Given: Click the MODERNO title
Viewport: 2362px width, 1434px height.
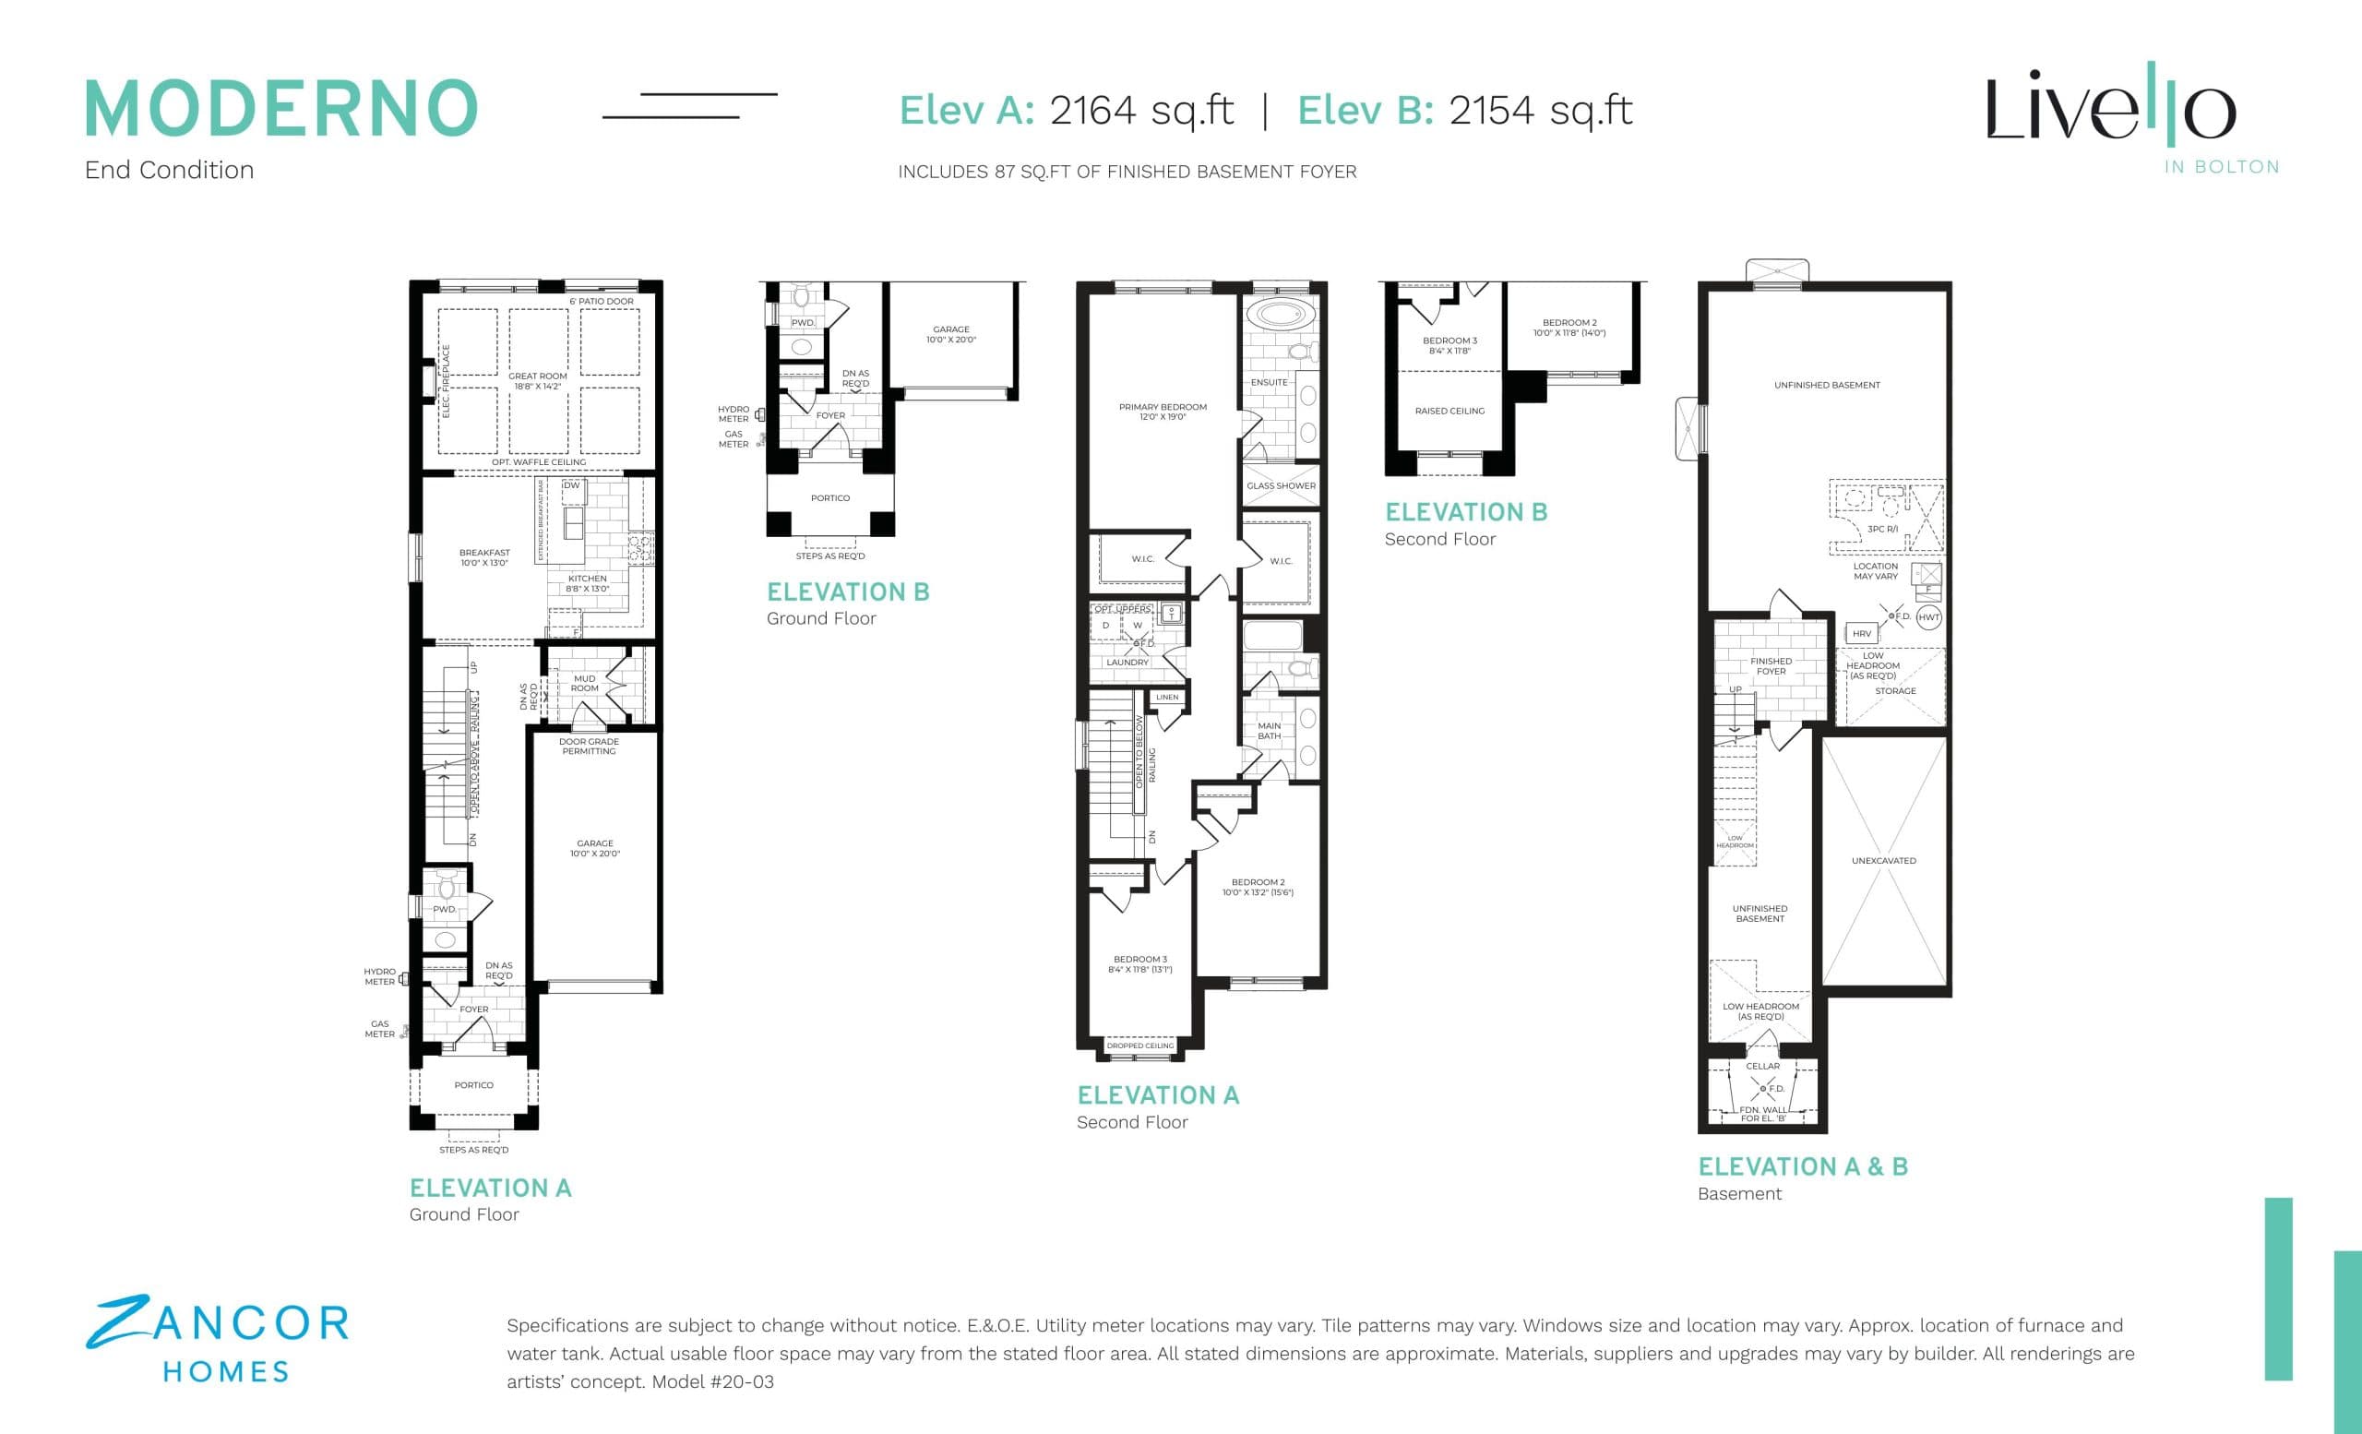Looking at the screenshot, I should click(x=280, y=107).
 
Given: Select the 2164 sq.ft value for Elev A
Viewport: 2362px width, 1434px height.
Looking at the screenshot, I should click(x=1140, y=110).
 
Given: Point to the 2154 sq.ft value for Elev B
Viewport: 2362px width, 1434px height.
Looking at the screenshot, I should click(x=1540, y=110).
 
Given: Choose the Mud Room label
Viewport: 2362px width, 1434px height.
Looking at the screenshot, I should click(x=584, y=683).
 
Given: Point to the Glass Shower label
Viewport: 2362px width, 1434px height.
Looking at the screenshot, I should click(x=1281, y=485).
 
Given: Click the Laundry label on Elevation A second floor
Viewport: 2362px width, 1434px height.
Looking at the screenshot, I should click(x=1127, y=663).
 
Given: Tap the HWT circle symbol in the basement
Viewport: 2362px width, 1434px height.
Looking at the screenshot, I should click(x=1927, y=617).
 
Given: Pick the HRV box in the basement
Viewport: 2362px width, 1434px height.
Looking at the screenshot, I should click(x=1861, y=634).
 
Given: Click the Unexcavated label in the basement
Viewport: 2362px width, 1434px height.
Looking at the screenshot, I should click(x=1883, y=861).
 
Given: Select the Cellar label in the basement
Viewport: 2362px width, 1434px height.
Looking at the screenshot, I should click(x=1762, y=1066).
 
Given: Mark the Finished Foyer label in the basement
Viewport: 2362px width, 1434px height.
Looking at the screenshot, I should click(x=1770, y=665).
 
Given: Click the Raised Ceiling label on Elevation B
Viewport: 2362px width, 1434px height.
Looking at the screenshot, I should click(x=1449, y=411).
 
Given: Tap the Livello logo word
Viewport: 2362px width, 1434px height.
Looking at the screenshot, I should click(x=2110, y=107).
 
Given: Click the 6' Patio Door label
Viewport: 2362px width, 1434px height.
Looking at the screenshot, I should click(x=601, y=301).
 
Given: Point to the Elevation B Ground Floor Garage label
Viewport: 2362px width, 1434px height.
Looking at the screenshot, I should click(x=950, y=333).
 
